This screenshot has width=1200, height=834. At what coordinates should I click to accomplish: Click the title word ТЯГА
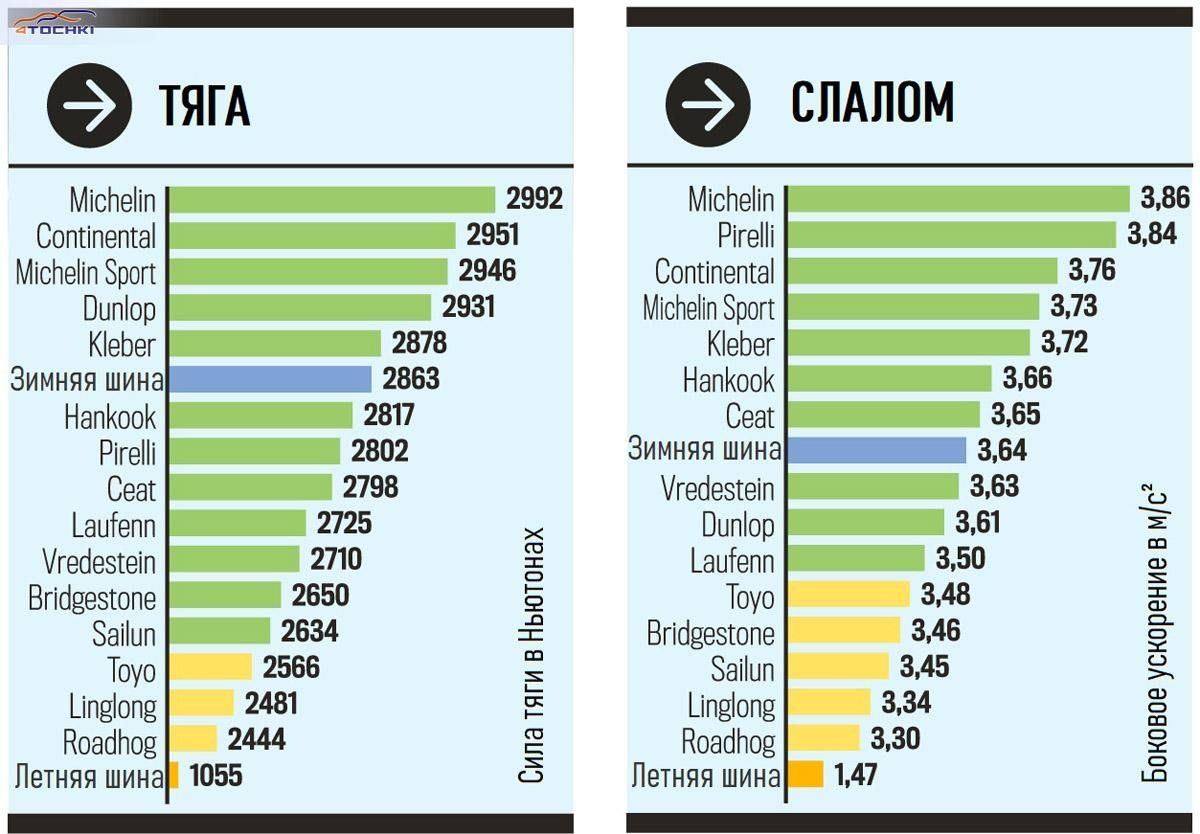point(204,105)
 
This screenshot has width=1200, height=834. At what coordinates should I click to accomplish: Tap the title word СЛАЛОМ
point(872,101)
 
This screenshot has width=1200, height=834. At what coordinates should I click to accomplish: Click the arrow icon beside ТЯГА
point(89,106)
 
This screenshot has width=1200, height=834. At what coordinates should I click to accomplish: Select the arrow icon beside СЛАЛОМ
point(708,104)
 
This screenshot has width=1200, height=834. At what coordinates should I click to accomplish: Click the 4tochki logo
point(55,23)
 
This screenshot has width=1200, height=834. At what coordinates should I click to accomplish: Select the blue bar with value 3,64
point(876,450)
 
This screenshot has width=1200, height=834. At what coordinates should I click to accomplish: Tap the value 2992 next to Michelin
point(534,198)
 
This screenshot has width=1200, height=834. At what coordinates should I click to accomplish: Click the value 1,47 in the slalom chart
point(853,774)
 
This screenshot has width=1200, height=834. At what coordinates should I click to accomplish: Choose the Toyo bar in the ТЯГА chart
point(210,667)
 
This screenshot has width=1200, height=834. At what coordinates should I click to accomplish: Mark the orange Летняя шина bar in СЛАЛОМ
point(806,774)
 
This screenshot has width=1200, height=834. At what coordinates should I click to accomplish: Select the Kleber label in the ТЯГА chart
point(122,344)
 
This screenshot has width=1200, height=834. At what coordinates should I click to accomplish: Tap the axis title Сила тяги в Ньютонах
point(533,655)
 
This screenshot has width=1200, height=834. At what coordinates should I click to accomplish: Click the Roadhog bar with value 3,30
point(823,738)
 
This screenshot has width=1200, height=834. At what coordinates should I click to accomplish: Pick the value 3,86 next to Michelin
point(1164,198)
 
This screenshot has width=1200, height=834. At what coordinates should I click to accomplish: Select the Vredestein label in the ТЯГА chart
point(99,560)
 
